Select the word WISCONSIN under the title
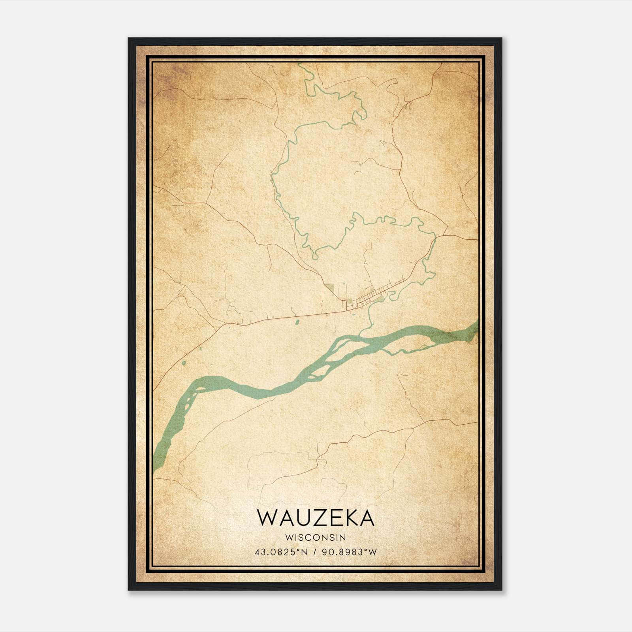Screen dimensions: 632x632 [x=316, y=537]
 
